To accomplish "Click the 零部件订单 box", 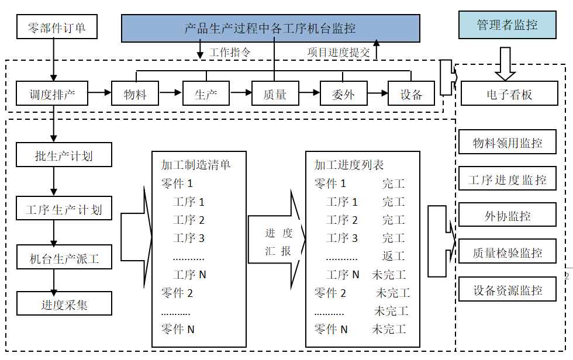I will click(x=56, y=27).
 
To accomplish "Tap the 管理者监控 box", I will click(x=507, y=25).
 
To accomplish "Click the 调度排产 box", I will click(x=53, y=94).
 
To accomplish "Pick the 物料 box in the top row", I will click(x=135, y=94).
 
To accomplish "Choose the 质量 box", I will click(x=275, y=94).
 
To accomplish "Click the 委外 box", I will click(x=343, y=94).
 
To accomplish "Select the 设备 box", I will click(x=412, y=94).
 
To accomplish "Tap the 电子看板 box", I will click(x=509, y=94).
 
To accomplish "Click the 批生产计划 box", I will click(x=64, y=155).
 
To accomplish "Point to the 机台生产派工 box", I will click(x=64, y=258).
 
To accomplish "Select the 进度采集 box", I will click(x=64, y=304).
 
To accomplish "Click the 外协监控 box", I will click(x=507, y=216).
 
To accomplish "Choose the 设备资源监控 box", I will click(x=507, y=290).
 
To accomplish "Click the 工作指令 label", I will click(x=230, y=52).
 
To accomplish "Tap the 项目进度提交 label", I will click(x=339, y=52).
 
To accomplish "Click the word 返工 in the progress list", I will click(x=393, y=256).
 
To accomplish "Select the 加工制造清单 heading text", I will click(x=196, y=165).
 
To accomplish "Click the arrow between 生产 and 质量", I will click(x=240, y=93).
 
